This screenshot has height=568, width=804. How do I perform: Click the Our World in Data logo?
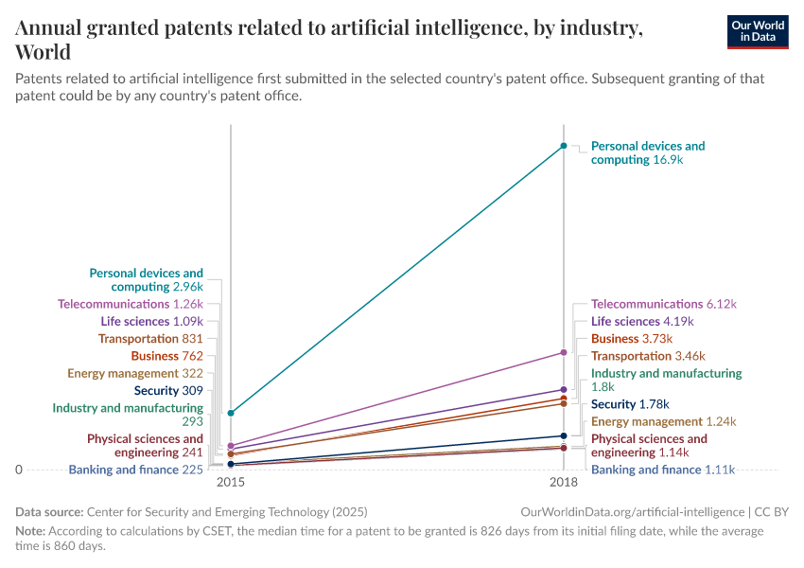click(757, 31)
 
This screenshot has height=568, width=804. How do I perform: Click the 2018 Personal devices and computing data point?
click(564, 146)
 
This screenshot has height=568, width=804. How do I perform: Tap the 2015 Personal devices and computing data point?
click(231, 413)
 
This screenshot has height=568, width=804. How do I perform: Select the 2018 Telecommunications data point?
click(564, 352)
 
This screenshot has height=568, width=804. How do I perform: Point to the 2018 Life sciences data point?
click(564, 389)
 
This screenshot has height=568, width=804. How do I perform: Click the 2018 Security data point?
click(564, 435)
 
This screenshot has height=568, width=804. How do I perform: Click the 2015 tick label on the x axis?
click(231, 483)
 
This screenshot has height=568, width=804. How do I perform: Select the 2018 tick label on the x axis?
click(564, 483)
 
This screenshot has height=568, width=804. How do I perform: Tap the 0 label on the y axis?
click(19, 470)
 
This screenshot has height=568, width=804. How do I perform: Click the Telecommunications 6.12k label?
click(663, 304)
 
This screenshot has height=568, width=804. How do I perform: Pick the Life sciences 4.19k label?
click(642, 321)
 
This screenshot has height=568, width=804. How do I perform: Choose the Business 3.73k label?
click(631, 338)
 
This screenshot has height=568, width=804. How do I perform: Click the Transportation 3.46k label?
click(648, 356)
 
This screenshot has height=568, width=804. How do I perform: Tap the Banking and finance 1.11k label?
click(662, 470)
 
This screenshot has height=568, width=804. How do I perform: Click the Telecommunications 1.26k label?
click(131, 304)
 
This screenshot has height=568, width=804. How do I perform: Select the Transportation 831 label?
click(150, 338)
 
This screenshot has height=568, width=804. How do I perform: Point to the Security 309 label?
click(168, 390)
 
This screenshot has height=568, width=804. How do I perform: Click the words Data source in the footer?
click(49, 512)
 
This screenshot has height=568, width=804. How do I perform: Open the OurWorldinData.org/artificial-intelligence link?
click(632, 512)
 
